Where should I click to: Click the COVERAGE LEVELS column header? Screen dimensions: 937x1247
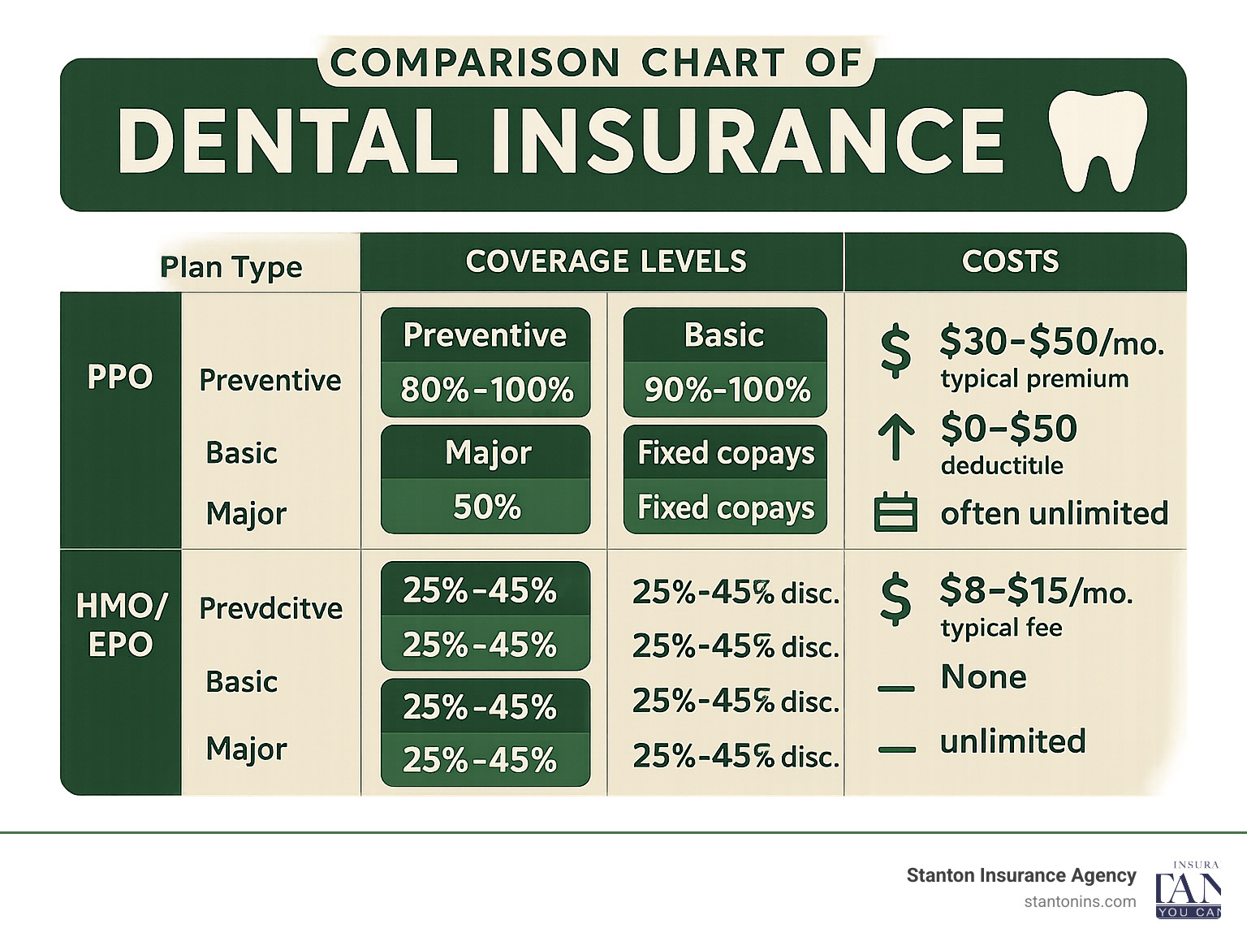pyautogui.click(x=606, y=261)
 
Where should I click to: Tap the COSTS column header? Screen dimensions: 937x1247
pyautogui.click(x=1010, y=261)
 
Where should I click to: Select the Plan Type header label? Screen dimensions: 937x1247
pyautogui.click(x=231, y=267)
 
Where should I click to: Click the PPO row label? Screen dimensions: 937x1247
pyautogui.click(x=120, y=378)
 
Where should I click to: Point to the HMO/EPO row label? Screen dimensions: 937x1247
pyautogui.click(x=121, y=624)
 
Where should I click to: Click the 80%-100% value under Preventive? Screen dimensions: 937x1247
pyautogui.click(x=486, y=391)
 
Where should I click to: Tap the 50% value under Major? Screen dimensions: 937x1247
pyautogui.click(x=486, y=507)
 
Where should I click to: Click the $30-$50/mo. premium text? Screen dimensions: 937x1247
pyautogui.click(x=1051, y=342)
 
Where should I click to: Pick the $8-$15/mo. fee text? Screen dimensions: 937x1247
pyautogui.click(x=1035, y=591)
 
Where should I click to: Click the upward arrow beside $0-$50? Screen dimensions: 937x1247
pyautogui.click(x=895, y=439)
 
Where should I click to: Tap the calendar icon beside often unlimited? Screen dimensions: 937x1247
pyautogui.click(x=895, y=513)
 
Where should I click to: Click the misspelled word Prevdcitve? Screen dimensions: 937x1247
pyautogui.click(x=270, y=608)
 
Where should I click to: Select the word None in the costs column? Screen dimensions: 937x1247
pyautogui.click(x=983, y=677)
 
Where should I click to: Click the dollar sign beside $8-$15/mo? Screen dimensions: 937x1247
pyautogui.click(x=895, y=599)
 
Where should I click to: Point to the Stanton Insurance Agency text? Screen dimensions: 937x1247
pyautogui.click(x=1020, y=875)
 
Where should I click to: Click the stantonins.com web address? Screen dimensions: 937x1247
pyautogui.click(x=1080, y=901)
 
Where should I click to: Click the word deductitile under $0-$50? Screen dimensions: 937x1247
pyautogui.click(x=1002, y=465)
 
